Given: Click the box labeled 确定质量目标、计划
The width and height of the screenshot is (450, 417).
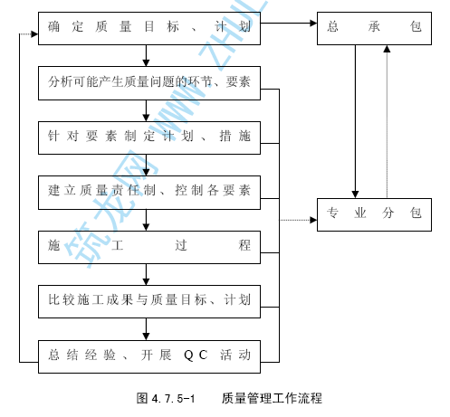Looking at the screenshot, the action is [x=149, y=28].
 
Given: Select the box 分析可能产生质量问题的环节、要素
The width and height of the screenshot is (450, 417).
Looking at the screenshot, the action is [x=149, y=83].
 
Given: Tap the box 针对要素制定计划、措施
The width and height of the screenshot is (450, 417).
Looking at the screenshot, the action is [x=149, y=137].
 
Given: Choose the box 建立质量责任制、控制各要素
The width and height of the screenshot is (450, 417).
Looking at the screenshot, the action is [x=149, y=193].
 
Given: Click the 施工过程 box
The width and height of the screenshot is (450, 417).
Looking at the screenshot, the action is [x=149, y=247].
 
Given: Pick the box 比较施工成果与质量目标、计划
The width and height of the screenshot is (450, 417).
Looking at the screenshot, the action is [x=149, y=301].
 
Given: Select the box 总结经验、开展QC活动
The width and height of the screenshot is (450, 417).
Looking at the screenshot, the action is [x=149, y=356].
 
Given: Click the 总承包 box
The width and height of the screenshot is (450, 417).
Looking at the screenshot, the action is [x=374, y=28].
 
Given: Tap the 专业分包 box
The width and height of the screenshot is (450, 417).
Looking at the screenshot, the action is [x=374, y=214].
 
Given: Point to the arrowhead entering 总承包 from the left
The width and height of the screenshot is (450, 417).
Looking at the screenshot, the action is [x=313, y=23].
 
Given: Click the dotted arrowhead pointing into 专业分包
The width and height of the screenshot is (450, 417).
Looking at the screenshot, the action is [x=313, y=220].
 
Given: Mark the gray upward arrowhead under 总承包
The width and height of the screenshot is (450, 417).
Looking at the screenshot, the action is [x=387, y=49].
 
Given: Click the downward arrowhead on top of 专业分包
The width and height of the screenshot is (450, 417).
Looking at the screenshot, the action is [x=355, y=194].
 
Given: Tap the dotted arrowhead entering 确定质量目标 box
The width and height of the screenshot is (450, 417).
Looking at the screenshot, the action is [x=34, y=34].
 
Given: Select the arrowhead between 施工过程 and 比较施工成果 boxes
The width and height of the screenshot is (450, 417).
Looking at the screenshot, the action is [x=146, y=281].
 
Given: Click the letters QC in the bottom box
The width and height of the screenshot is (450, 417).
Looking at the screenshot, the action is [x=196, y=355].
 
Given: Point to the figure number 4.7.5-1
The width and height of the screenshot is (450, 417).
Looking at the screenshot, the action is [x=173, y=399].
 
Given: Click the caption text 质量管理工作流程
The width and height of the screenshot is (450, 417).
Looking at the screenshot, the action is [x=272, y=398].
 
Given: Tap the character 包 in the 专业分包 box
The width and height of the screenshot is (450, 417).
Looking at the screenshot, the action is [x=416, y=213].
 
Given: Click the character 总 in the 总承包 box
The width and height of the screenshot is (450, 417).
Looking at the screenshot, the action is [x=332, y=26].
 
